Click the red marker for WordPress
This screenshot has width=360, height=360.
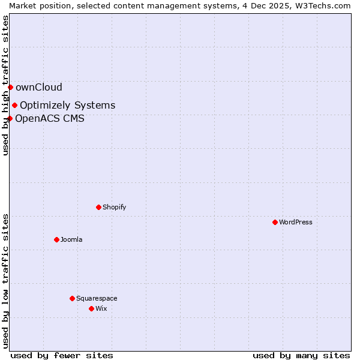(x=275, y=222)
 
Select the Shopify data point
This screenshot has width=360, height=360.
(x=98, y=207)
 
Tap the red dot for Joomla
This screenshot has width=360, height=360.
(x=56, y=239)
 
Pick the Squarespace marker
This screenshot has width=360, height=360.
(x=72, y=298)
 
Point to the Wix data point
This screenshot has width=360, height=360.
(x=91, y=308)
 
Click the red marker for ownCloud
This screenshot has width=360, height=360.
(x=10, y=87)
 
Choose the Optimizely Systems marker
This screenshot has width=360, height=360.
(x=14, y=106)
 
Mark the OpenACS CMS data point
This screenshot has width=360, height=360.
(x=10, y=118)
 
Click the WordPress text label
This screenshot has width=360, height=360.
(x=296, y=222)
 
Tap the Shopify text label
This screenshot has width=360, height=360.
(x=114, y=207)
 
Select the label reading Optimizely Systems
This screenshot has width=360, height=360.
(x=67, y=106)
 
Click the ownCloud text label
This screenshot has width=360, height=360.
(x=39, y=88)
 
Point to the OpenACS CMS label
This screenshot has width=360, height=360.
(x=50, y=118)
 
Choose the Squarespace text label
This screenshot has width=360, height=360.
(x=97, y=298)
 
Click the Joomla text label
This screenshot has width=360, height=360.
(x=71, y=239)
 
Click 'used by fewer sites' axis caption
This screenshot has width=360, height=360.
(x=62, y=355)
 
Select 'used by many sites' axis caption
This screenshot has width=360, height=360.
(x=301, y=355)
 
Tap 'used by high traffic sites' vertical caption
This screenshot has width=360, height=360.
(x=5, y=85)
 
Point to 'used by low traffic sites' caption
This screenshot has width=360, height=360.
(x=5, y=281)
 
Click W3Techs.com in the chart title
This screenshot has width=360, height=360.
(x=322, y=5)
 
